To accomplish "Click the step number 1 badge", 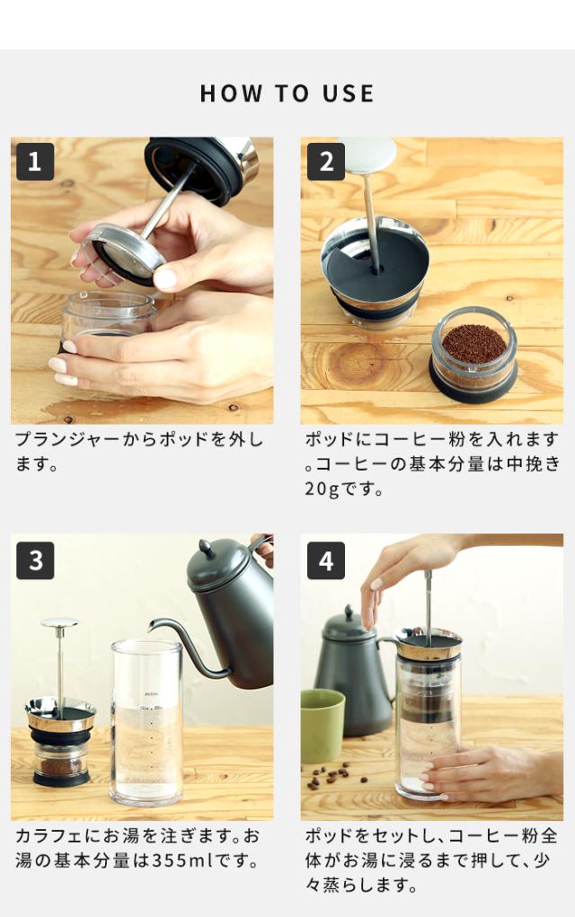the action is [x=35, y=162].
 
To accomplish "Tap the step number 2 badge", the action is [x=326, y=162].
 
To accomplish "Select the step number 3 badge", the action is [x=35, y=560].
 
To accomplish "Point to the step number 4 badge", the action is [x=326, y=560].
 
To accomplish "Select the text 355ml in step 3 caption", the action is [x=178, y=860].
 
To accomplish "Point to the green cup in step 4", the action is [x=323, y=725].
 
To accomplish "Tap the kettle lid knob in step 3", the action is [x=205, y=547].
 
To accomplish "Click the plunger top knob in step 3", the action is [x=59, y=622].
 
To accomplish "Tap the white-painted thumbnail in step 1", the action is [x=165, y=278].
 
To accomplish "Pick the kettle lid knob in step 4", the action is [x=349, y=613].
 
